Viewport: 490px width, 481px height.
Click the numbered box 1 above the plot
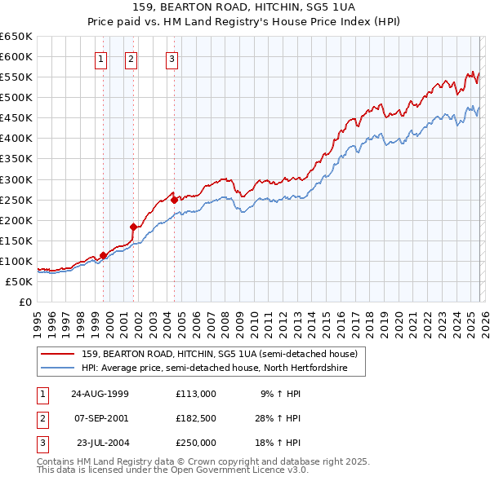[100, 58]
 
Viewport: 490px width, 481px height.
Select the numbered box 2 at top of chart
[131, 58]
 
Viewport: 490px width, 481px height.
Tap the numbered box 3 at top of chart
[172, 58]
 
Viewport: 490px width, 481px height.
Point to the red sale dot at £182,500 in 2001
[133, 227]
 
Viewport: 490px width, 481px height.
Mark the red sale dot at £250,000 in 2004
[174, 199]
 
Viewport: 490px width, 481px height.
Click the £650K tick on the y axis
[16, 37]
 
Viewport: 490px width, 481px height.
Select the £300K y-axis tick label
[16, 179]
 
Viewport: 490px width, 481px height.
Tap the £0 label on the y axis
[25, 302]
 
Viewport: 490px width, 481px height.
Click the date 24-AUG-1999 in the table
[100, 394]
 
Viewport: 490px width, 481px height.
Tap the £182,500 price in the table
[196, 418]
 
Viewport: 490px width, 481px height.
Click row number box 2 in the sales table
[41, 418]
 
